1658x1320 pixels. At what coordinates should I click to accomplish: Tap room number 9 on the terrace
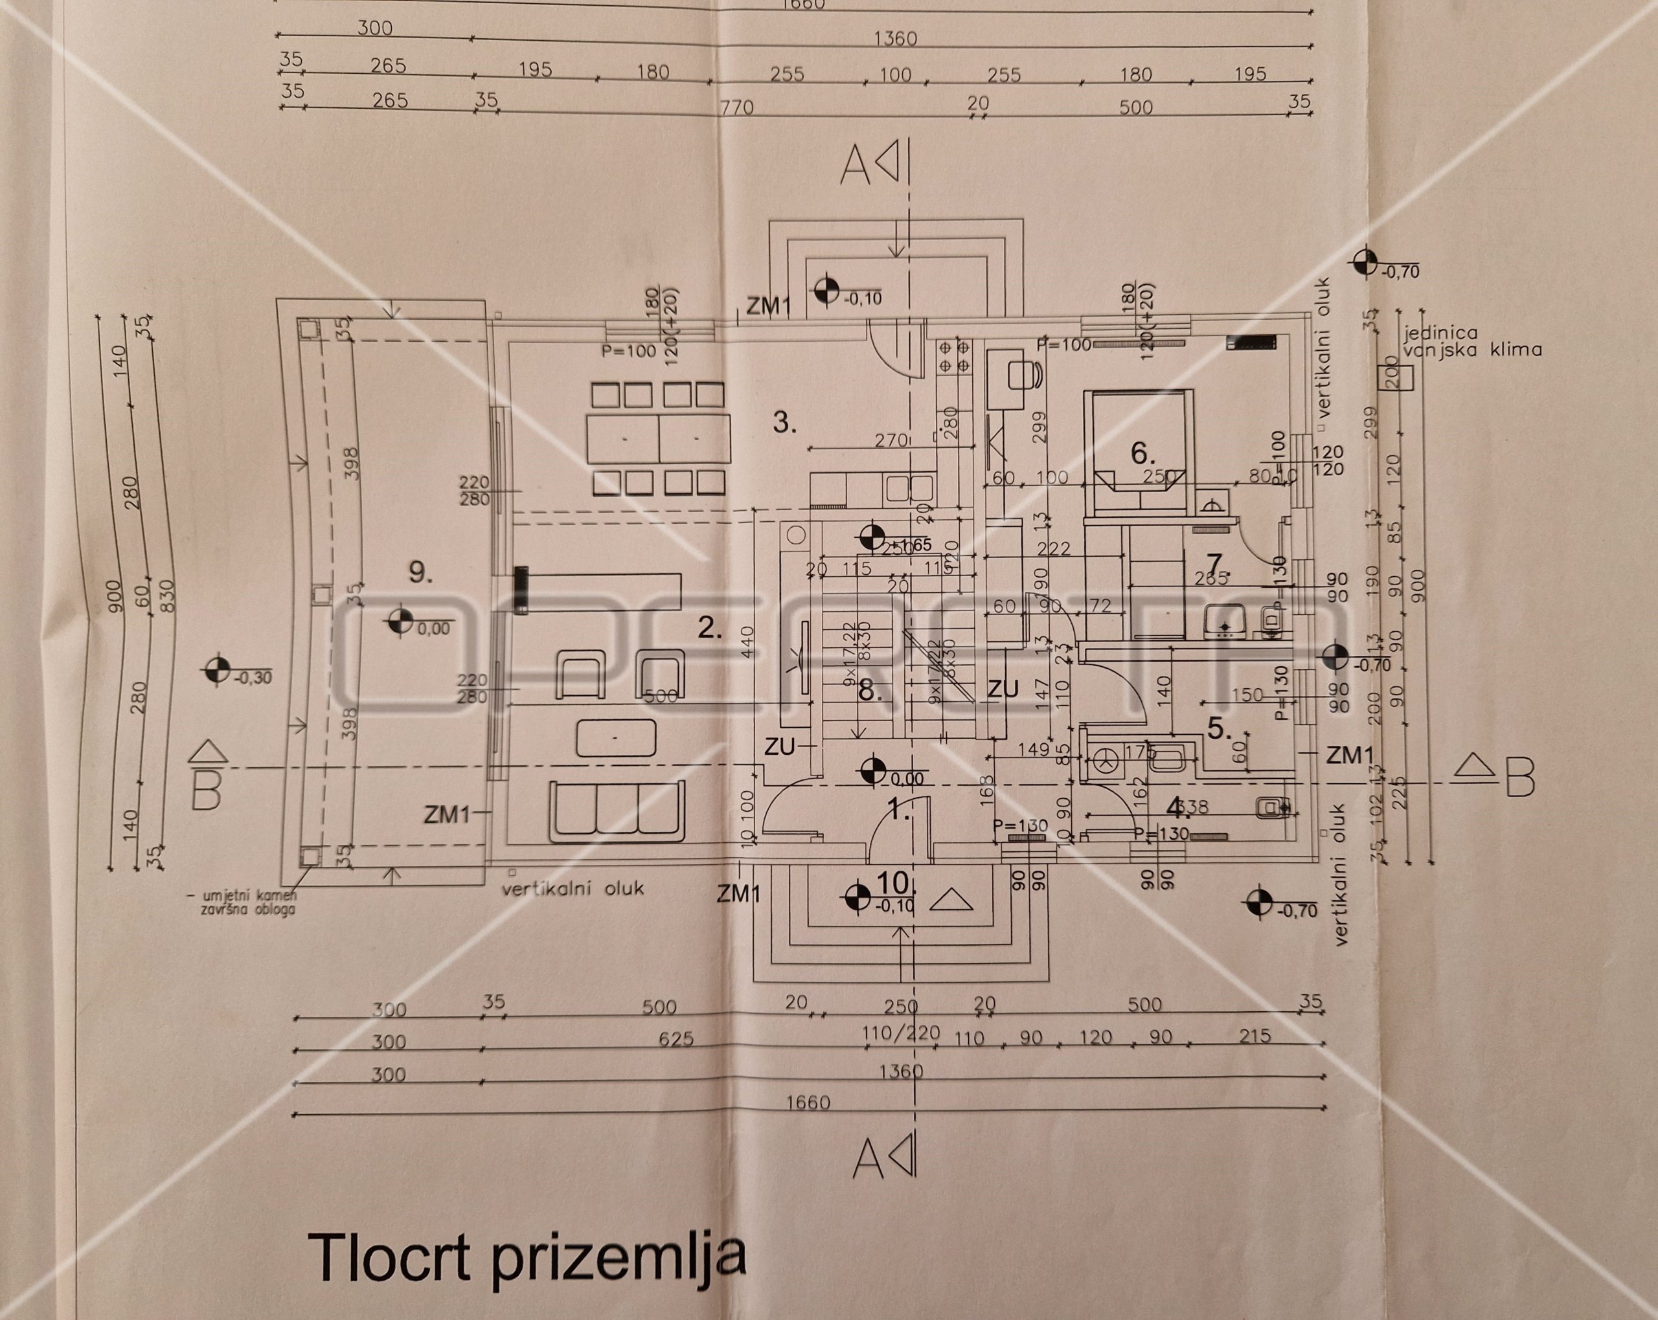click(420, 573)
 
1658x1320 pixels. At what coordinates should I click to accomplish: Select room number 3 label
click(784, 422)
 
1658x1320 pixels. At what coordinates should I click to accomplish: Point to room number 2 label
click(709, 628)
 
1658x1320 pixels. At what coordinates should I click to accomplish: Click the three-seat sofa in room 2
click(617, 811)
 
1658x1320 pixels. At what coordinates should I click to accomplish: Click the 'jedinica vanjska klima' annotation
click(1472, 341)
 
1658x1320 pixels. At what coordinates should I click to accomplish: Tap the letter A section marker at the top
click(855, 166)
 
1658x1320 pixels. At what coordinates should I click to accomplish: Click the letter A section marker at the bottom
click(869, 1159)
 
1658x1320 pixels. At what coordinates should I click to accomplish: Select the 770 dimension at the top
click(737, 107)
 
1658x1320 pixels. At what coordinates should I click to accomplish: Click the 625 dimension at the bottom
click(676, 1040)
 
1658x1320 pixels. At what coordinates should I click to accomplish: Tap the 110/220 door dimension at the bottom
click(902, 1034)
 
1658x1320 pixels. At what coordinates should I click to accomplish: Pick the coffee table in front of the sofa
click(616, 738)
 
